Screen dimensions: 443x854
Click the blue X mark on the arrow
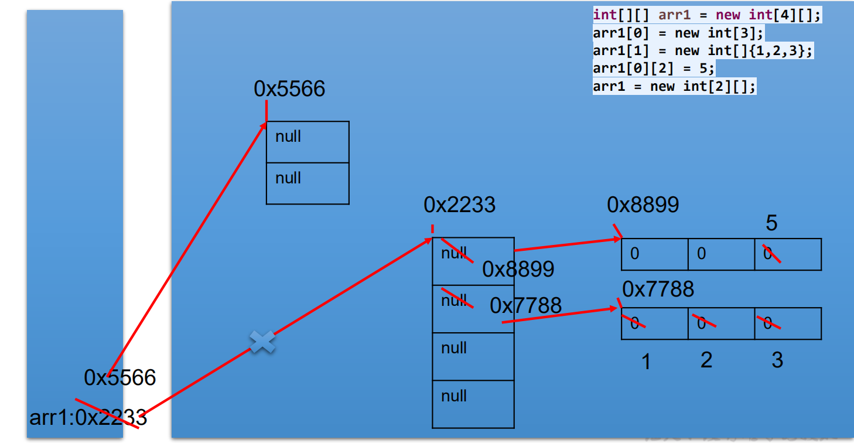pyautogui.click(x=262, y=342)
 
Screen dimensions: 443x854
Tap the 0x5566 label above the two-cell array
pyautogui.click(x=289, y=89)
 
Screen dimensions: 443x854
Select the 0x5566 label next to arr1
pyautogui.click(x=120, y=378)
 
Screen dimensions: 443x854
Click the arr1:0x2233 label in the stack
pyautogui.click(x=88, y=418)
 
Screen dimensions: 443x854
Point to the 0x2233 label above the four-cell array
pyautogui.click(x=459, y=205)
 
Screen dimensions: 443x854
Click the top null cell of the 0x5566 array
pyautogui.click(x=308, y=142)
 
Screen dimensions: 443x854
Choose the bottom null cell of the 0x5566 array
pyautogui.click(x=308, y=183)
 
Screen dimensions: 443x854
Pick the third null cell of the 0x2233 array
pyautogui.click(x=473, y=356)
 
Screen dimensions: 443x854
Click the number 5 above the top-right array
pyautogui.click(x=771, y=223)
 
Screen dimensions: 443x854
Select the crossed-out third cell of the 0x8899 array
pyautogui.click(x=788, y=254)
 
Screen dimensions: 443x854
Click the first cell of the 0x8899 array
pyautogui.click(x=654, y=254)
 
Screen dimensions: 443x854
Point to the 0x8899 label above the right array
pyautogui.click(x=643, y=205)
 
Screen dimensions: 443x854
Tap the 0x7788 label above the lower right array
pyautogui.click(x=658, y=289)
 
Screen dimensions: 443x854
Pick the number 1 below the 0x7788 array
pyautogui.click(x=646, y=362)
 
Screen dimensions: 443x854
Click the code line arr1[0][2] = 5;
pyautogui.click(x=654, y=69)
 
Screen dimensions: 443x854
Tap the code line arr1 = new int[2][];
pyautogui.click(x=674, y=87)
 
